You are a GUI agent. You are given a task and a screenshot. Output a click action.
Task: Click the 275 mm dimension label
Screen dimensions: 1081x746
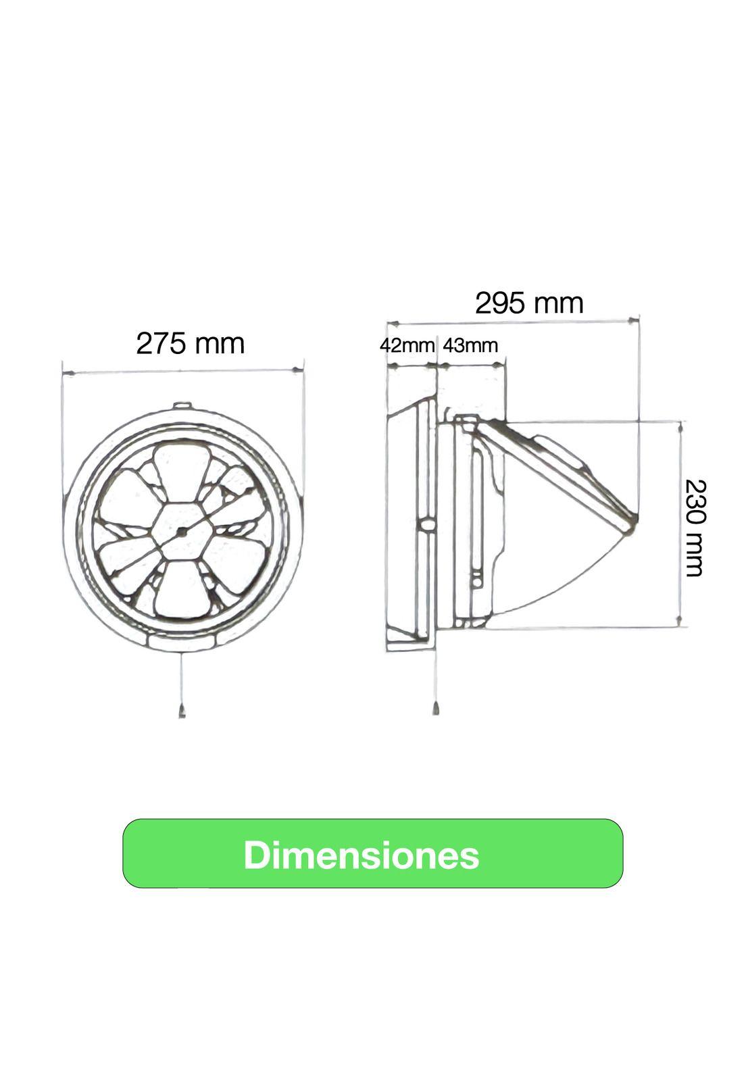coord(190,343)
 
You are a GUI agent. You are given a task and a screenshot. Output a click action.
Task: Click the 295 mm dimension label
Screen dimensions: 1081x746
coord(528,303)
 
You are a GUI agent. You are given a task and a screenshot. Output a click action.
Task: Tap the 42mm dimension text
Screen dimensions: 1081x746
coord(406,345)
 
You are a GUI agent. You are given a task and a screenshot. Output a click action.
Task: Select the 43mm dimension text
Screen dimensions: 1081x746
coord(470,345)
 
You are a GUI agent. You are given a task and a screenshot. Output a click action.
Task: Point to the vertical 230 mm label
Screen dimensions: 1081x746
coord(694,528)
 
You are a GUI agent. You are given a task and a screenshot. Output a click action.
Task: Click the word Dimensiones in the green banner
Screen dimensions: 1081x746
coord(362,855)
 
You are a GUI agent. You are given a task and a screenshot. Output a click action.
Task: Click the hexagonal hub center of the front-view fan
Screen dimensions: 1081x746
coord(182,531)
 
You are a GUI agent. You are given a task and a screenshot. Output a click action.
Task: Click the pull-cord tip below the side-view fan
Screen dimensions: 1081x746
coord(436,709)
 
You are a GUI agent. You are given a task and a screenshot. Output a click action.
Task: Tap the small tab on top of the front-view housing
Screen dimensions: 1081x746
coord(182,406)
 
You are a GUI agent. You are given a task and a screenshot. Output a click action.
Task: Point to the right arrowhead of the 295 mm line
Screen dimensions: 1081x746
coord(633,319)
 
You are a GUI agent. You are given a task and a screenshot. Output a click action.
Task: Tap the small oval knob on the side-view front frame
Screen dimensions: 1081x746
coord(426,525)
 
